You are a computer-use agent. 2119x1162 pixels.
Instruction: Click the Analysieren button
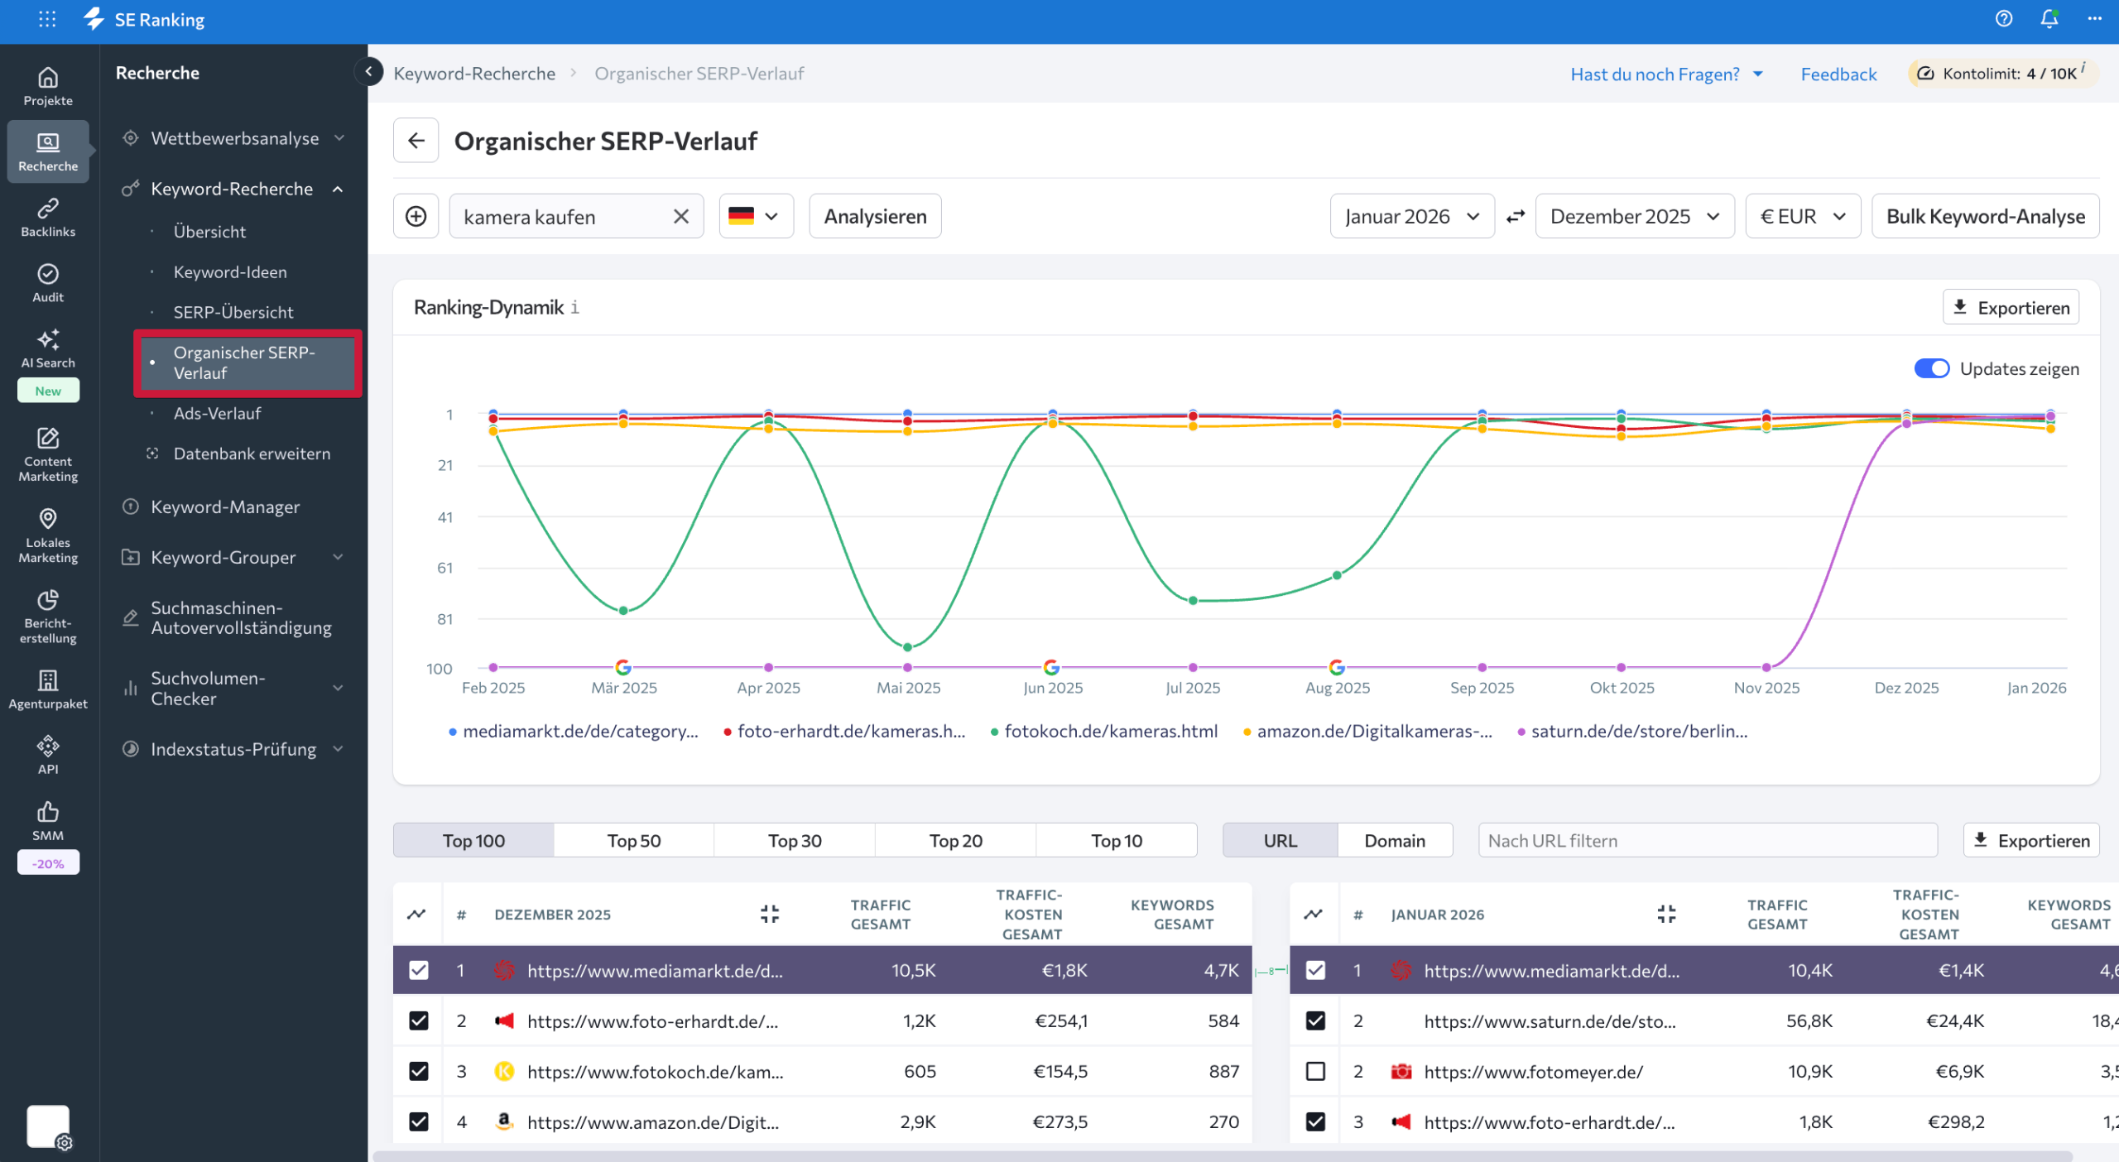click(x=875, y=216)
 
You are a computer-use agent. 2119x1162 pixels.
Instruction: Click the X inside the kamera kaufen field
click(x=680, y=216)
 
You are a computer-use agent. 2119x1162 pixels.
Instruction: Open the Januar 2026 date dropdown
click(x=1411, y=216)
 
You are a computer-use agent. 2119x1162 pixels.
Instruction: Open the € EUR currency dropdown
click(x=1802, y=216)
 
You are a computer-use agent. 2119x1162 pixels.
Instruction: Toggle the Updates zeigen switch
click(x=1931, y=368)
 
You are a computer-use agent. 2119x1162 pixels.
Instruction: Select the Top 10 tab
click(x=1116, y=840)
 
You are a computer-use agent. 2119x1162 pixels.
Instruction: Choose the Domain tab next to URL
click(x=1394, y=840)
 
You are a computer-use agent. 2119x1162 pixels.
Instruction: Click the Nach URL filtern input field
click(x=1707, y=840)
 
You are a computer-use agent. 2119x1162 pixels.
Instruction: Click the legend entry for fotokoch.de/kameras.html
click(x=1109, y=731)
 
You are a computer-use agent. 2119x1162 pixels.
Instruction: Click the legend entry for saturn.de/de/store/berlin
click(x=1638, y=731)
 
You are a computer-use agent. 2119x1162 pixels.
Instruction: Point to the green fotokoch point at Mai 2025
click(x=908, y=647)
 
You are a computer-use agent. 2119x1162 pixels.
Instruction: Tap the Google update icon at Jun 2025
click(x=1051, y=667)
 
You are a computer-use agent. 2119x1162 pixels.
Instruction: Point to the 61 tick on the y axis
click(x=445, y=568)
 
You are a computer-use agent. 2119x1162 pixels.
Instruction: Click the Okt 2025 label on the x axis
click(x=1622, y=688)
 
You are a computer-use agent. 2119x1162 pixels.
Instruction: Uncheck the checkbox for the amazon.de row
click(x=419, y=1121)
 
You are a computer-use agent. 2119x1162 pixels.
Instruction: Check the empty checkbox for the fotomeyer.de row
click(x=1315, y=1071)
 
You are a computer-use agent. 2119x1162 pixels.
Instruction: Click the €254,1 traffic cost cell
click(x=1061, y=1020)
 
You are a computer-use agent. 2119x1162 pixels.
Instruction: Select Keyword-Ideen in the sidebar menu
click(x=230, y=271)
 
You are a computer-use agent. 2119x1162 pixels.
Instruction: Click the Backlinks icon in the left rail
click(x=48, y=217)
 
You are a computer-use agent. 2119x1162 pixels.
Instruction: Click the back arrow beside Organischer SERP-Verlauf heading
click(x=416, y=141)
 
